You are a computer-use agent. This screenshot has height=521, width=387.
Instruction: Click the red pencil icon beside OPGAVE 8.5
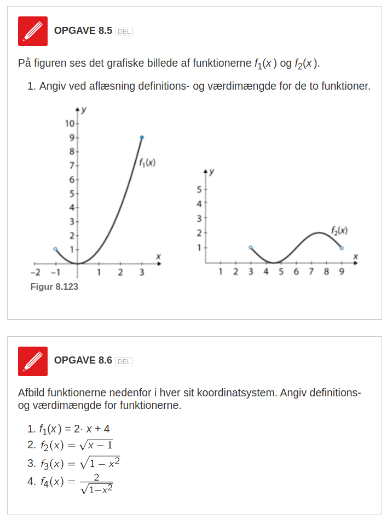[33, 31]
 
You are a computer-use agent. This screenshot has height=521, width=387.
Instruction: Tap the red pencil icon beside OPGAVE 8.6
[33, 361]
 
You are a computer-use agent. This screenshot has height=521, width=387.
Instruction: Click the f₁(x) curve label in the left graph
[147, 162]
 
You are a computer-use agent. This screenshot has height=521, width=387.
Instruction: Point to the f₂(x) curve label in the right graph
[339, 230]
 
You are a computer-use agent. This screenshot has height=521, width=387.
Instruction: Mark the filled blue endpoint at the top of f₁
[142, 137]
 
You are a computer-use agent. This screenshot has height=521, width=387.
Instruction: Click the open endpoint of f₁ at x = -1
[55, 249]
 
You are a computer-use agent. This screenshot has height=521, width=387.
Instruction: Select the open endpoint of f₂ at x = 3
[251, 248]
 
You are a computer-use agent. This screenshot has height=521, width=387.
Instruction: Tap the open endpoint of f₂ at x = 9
[342, 248]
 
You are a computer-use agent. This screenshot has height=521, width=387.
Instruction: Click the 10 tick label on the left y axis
[70, 123]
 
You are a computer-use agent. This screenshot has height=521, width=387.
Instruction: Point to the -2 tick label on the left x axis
[34, 272]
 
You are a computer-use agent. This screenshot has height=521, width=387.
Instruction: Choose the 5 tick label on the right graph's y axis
[200, 190]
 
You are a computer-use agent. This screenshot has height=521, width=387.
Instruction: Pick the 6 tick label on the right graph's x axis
[296, 272]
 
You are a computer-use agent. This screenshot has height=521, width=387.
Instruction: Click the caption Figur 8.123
[54, 286]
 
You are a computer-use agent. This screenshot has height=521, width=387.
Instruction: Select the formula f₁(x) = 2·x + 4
[74, 429]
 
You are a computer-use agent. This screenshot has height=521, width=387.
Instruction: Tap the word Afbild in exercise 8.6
[31, 393]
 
